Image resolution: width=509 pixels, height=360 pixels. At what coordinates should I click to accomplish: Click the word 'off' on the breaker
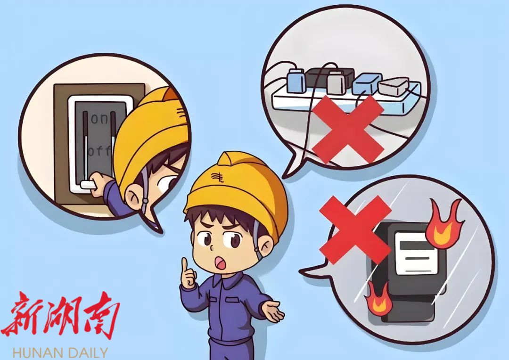point(99,151)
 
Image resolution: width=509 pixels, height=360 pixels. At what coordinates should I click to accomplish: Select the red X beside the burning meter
point(355,229)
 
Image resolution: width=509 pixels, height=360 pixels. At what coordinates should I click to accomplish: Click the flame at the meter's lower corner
point(378,298)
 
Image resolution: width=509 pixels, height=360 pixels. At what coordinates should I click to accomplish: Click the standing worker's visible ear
point(265,244)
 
